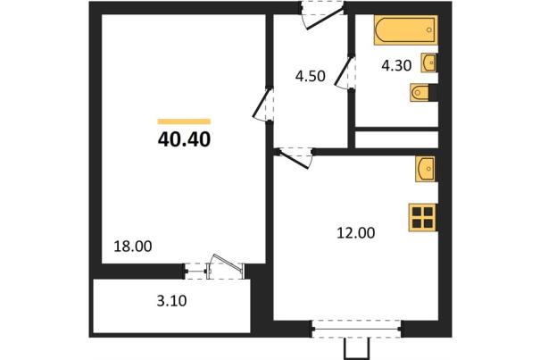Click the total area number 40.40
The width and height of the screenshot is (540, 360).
[184, 139]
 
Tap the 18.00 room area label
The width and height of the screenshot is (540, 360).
[133, 247]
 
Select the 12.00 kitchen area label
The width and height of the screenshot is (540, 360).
[356, 233]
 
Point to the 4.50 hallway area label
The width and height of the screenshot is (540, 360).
[311, 76]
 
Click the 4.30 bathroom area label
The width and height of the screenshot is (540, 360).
[396, 65]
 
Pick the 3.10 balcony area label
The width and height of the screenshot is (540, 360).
[171, 301]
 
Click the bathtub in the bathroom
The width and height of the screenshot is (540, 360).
[406, 30]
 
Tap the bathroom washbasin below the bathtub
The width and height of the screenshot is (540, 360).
[428, 63]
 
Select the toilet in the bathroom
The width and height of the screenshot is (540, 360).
[420, 92]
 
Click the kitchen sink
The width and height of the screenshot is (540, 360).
[426, 169]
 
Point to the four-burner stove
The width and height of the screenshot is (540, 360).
[422, 218]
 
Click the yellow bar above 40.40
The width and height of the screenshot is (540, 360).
[184, 121]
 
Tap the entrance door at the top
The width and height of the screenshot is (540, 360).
[322, 16]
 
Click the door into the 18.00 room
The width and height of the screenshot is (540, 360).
[263, 104]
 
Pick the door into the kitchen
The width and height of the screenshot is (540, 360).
[295, 158]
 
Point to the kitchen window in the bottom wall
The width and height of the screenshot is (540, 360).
[356, 329]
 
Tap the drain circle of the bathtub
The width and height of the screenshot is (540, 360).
[429, 30]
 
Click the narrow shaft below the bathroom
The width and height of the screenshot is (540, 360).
[396, 139]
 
